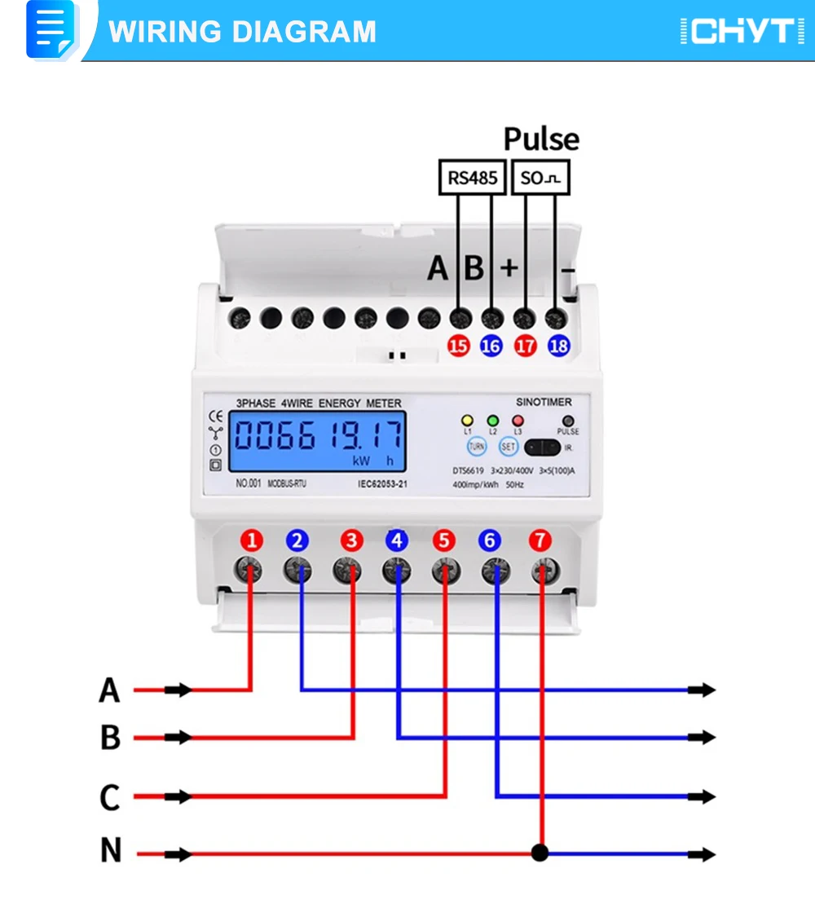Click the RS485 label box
point(472,178)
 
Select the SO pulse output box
point(541,178)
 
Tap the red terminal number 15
point(459,346)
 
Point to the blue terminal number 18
point(559,346)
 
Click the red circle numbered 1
point(253,540)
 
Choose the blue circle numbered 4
point(397,540)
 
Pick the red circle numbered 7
point(540,540)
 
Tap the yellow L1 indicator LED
point(467,421)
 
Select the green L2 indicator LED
point(492,421)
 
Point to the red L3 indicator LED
point(517,421)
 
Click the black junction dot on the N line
point(540,853)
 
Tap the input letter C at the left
point(110,796)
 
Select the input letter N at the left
point(111,851)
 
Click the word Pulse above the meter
point(541,139)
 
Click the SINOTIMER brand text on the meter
point(544,402)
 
